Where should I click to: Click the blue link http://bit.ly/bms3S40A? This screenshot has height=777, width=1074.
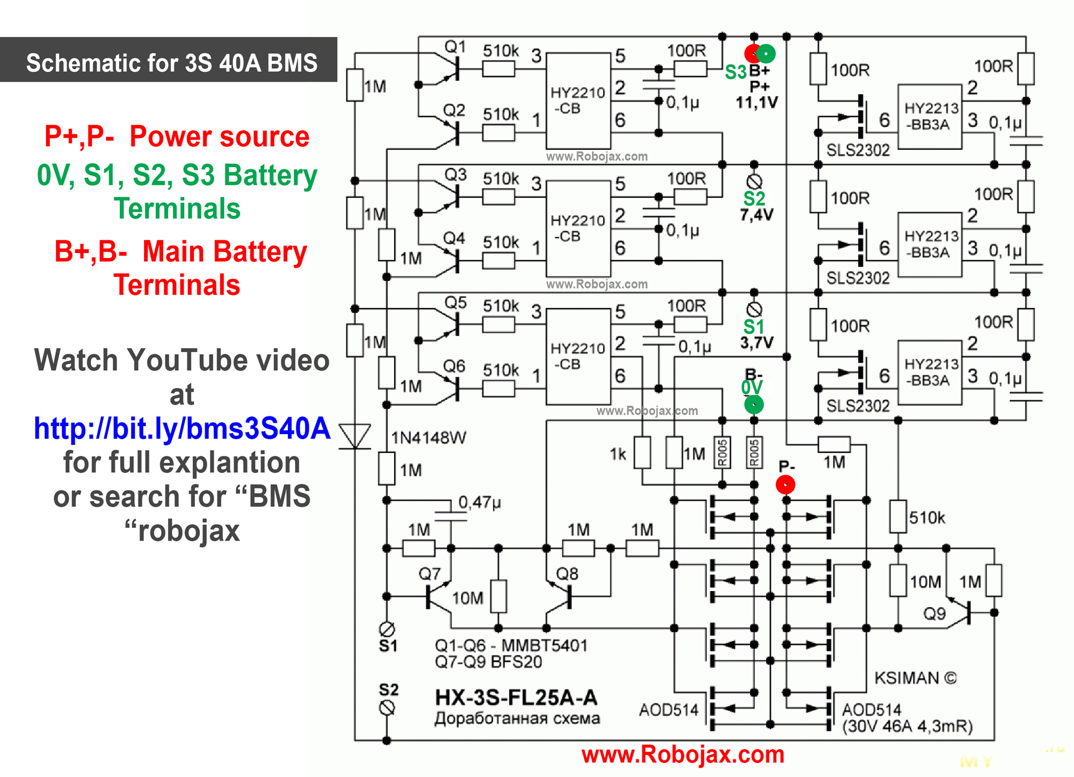(x=182, y=428)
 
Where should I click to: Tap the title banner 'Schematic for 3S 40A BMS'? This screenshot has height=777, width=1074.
(x=171, y=62)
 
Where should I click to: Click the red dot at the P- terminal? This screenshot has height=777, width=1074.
(x=785, y=485)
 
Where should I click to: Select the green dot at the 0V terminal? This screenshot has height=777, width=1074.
(x=753, y=404)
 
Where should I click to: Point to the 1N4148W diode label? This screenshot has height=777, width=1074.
(x=429, y=438)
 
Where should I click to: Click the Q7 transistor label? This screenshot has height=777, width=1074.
(x=429, y=574)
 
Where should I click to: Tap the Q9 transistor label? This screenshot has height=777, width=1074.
(x=934, y=614)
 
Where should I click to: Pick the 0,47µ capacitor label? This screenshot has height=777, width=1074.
(x=479, y=502)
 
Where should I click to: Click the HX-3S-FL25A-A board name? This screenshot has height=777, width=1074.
(x=516, y=697)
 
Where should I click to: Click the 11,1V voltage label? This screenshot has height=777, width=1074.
(x=756, y=102)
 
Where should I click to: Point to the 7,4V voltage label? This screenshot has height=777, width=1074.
(x=756, y=215)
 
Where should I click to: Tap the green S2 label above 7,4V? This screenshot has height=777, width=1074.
(x=754, y=199)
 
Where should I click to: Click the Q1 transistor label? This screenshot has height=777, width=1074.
(x=455, y=47)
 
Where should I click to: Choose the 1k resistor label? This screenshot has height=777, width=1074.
(x=618, y=455)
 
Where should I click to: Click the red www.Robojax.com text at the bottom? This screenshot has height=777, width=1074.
(x=683, y=754)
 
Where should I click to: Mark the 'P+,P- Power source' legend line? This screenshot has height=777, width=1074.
(x=177, y=136)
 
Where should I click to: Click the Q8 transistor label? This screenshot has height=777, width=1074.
(x=567, y=574)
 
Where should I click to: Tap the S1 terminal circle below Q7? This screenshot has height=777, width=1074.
(x=387, y=629)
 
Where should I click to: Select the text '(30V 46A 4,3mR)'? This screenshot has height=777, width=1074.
(x=907, y=726)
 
